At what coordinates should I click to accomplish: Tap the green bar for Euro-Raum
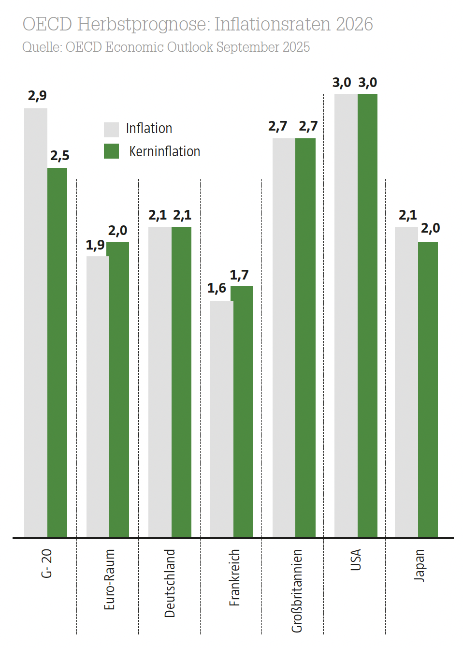[119, 389]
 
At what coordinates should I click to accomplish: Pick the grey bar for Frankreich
[221, 419]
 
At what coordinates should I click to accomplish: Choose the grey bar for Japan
[406, 382]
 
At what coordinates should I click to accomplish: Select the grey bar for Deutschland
[159, 382]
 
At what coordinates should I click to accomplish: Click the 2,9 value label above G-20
[37, 96]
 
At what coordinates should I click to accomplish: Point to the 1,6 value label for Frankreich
[217, 288]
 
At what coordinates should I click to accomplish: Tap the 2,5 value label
[60, 156]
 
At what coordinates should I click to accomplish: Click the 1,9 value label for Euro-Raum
[95, 245]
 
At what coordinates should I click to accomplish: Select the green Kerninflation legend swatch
[111, 151]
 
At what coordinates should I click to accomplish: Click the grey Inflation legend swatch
[111, 129]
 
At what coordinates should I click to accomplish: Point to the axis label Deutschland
[170, 583]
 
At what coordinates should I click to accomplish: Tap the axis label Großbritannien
[297, 590]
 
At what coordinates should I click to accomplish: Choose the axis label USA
[356, 560]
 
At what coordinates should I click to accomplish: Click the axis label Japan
[419, 565]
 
